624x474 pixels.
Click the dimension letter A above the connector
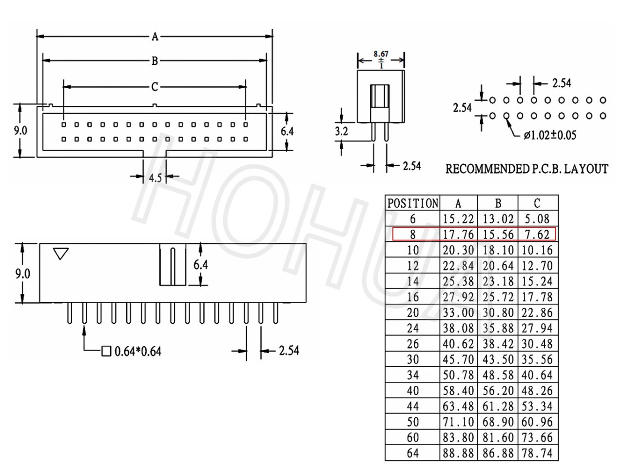(x=155, y=37)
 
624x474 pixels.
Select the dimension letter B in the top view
(x=155, y=61)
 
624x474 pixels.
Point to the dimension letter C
(x=155, y=87)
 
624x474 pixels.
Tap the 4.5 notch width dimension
(x=155, y=178)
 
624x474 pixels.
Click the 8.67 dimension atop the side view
(x=381, y=54)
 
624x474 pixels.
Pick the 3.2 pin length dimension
(x=341, y=131)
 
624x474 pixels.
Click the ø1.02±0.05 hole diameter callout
(x=550, y=135)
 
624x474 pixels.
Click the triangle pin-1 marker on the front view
(x=61, y=254)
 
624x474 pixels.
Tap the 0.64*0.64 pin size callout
(x=138, y=352)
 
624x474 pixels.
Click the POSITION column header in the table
(x=412, y=203)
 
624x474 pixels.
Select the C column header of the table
(x=537, y=203)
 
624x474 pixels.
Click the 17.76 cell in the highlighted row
(x=458, y=235)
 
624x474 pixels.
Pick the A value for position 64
(x=458, y=453)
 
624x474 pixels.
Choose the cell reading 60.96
(x=537, y=422)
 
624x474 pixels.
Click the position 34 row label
(x=413, y=375)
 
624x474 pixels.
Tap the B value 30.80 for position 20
(x=498, y=313)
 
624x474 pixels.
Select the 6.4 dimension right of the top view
(x=287, y=131)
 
